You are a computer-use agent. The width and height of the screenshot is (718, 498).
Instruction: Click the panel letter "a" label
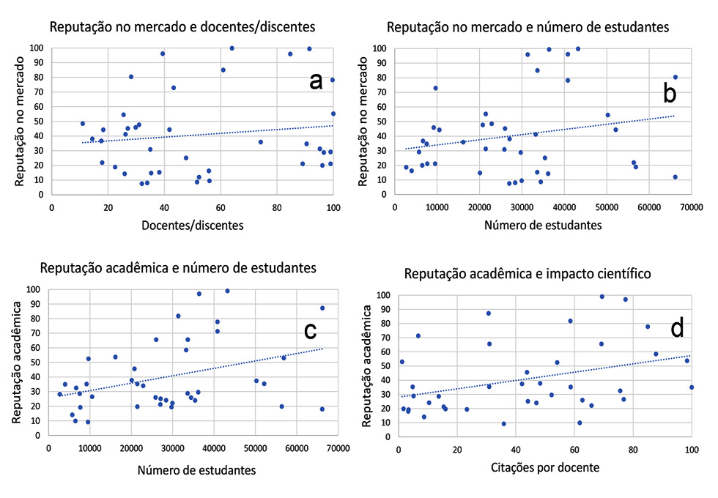coord(316,81)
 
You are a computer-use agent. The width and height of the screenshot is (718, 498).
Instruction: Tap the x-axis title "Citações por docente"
coord(544,467)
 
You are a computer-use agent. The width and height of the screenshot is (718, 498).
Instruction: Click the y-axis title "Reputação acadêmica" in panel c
coord(16,362)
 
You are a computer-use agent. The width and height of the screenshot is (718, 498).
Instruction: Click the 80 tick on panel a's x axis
coord(277,208)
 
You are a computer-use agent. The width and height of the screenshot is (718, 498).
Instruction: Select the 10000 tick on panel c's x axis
coord(89,449)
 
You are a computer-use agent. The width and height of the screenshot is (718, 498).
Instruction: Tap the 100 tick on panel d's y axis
coord(385,295)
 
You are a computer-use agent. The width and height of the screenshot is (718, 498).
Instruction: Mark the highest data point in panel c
coord(227,291)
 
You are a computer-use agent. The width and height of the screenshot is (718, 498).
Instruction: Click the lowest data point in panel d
coord(503,423)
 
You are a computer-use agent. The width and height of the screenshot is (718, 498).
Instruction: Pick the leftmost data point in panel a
coord(83,124)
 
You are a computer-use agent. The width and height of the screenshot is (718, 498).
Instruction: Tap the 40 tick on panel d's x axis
coord(515,449)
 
